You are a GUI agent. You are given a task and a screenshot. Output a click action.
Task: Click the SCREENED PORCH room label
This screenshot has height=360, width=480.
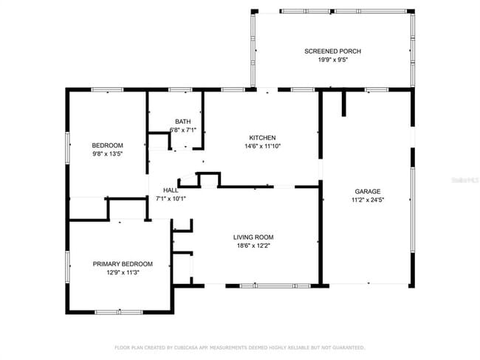click(x=332, y=51)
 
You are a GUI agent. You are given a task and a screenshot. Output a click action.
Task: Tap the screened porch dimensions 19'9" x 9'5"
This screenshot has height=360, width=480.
click(x=332, y=60)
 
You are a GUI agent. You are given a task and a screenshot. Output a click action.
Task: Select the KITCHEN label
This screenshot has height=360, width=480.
click(x=262, y=138)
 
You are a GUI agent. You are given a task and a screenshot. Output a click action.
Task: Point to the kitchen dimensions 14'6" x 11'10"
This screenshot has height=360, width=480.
click(x=262, y=146)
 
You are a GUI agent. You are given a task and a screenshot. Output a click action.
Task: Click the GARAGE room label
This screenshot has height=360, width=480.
click(x=367, y=191)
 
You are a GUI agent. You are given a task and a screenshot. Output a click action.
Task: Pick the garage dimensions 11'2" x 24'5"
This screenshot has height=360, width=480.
click(x=367, y=199)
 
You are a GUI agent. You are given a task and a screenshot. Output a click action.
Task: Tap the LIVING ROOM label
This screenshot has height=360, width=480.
click(x=253, y=237)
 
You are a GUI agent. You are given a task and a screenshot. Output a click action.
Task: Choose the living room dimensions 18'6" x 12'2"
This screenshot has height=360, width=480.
click(x=253, y=246)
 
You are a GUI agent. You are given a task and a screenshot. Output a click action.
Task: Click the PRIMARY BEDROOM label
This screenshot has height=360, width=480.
click(x=123, y=264)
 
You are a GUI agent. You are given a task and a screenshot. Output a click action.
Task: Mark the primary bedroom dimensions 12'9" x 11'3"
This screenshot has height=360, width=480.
click(x=123, y=272)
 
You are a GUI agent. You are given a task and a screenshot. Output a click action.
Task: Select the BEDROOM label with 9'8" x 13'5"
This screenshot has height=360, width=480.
click(x=107, y=145)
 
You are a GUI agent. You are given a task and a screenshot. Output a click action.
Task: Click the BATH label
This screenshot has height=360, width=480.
click(x=182, y=122)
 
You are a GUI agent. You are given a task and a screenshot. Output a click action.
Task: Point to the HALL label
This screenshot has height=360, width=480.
click(x=170, y=190)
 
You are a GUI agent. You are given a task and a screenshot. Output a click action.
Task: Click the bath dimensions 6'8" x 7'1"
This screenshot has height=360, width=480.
click(x=182, y=130)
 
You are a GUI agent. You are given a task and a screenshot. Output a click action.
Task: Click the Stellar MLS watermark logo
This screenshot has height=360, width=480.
click(x=463, y=179)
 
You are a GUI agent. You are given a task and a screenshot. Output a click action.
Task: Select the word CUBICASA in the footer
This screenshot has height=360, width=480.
click(x=189, y=347)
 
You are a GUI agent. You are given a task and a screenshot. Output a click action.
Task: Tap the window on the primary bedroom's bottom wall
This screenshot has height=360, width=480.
click(x=119, y=311)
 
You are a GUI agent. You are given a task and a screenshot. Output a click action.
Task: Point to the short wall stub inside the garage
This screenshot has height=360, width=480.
click(x=343, y=104)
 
